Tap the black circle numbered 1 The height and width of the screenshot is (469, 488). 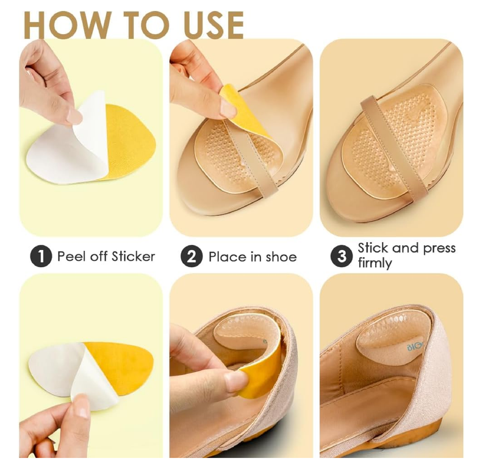pos(40,256)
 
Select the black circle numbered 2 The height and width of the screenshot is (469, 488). pos(192,256)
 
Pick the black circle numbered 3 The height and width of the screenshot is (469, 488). pos(342,256)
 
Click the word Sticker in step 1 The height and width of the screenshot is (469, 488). pos(133,256)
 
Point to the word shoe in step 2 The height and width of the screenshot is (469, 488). pos(280,257)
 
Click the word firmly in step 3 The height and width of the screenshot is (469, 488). pos(375,263)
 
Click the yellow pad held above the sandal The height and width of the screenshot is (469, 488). pos(244,110)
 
